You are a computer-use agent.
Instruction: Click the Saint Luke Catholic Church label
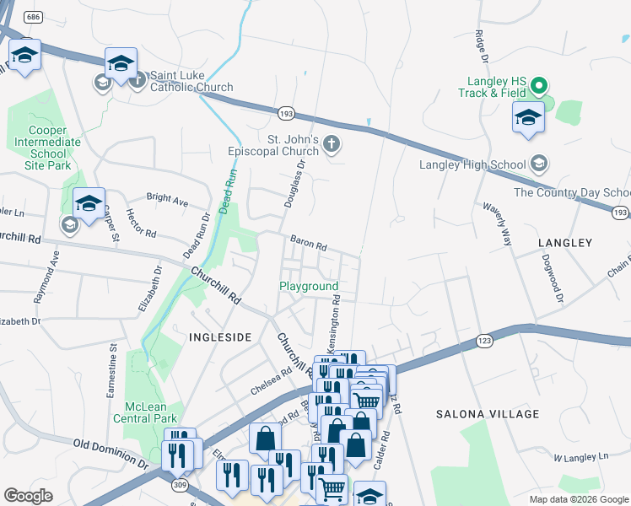pos(191,87)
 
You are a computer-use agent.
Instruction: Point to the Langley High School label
pos(475,164)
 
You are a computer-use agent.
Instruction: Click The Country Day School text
pos(572,192)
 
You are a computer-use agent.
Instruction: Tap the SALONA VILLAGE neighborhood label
pos(487,414)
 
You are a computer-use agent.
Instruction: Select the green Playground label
pos(309,287)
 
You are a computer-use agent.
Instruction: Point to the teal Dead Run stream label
pos(225,191)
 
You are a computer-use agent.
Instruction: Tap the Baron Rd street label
pos(308,242)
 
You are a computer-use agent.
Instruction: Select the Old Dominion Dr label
pos(111,453)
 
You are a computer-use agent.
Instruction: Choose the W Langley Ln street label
pos(580,457)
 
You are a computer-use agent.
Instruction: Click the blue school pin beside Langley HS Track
pos(528,118)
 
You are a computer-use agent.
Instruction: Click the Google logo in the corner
pos(29,496)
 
